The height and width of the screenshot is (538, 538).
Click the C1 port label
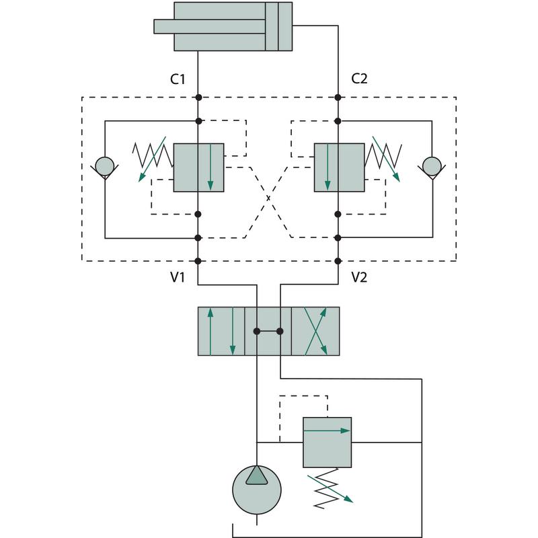178,79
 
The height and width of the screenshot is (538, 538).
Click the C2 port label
360,79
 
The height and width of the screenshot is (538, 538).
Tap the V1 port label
178,276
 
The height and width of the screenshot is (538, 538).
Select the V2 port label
360,276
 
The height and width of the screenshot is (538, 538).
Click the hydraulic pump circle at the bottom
257,490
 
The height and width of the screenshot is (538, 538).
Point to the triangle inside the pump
257,475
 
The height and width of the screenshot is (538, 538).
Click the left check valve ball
104,165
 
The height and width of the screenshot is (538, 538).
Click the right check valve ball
430,165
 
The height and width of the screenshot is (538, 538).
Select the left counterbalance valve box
198,167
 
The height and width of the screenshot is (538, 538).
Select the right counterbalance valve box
339,167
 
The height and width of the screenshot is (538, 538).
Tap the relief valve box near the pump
327,442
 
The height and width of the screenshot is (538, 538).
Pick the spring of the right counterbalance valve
384,155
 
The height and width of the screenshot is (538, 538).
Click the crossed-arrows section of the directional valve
315,331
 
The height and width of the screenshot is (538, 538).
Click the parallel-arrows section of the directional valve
221,331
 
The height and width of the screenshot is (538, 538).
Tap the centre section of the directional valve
268,331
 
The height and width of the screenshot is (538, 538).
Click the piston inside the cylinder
272,26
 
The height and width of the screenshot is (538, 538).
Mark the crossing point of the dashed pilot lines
268,198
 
